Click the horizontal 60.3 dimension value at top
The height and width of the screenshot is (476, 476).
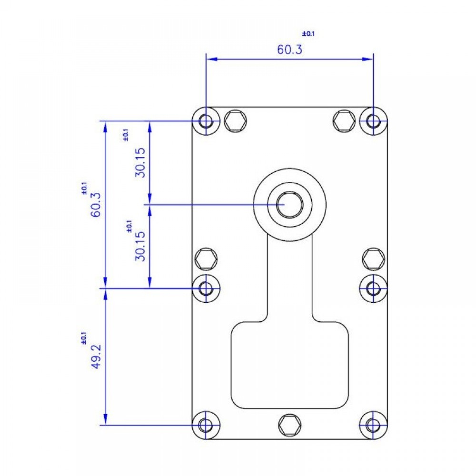pyautogui.click(x=289, y=49)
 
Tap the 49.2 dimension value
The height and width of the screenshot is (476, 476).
pyautogui.click(x=96, y=357)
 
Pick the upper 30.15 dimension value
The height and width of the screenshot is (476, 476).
pyautogui.click(x=140, y=162)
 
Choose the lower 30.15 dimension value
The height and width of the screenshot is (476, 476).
pyautogui.click(x=140, y=246)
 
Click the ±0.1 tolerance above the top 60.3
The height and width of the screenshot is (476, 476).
pyautogui.click(x=308, y=33)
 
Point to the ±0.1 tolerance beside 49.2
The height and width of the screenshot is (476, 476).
pyautogui.click(x=83, y=338)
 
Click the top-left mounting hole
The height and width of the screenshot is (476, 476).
pyautogui.click(x=206, y=121)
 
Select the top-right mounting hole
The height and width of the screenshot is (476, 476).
pyautogui.click(x=373, y=121)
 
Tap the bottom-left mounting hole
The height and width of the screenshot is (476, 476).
pyautogui.click(x=206, y=425)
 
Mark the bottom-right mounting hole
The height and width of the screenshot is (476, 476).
pyautogui.click(x=373, y=425)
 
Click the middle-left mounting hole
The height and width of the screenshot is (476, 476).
pyautogui.click(x=206, y=288)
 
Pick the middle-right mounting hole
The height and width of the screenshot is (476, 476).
pyautogui.click(x=373, y=288)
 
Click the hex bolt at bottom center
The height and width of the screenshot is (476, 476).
pyautogui.click(x=290, y=425)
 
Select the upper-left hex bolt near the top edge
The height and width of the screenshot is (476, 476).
pyautogui.click(x=235, y=121)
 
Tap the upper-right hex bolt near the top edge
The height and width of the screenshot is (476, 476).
pyautogui.click(x=344, y=121)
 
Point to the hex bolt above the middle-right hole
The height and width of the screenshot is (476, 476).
pyautogui.click(x=374, y=259)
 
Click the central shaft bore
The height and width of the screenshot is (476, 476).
pyautogui.click(x=289, y=205)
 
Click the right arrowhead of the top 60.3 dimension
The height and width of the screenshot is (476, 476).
pyautogui.click(x=367, y=59)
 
